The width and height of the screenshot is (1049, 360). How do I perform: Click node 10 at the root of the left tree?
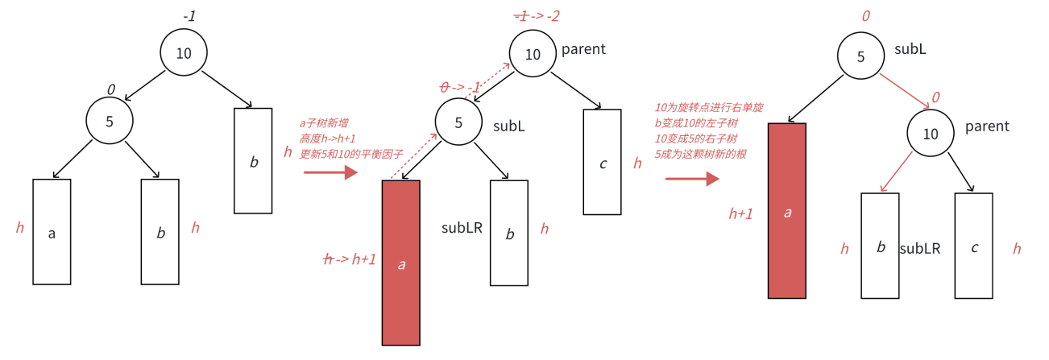(x=184, y=54)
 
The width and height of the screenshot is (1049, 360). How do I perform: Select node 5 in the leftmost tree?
(x=110, y=122)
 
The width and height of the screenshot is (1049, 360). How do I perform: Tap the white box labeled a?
(x=52, y=232)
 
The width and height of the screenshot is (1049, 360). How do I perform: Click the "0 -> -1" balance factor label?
(x=461, y=87)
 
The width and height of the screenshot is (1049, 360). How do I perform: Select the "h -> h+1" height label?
(x=349, y=259)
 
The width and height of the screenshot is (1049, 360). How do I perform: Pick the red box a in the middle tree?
(x=400, y=263)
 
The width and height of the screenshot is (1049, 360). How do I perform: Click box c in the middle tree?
(x=602, y=162)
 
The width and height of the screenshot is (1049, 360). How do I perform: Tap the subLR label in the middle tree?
(x=462, y=228)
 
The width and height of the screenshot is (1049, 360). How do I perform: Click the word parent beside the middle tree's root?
(x=584, y=50)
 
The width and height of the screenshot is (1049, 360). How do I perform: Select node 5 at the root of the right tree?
(x=860, y=57)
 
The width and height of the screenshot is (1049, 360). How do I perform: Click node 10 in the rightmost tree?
(x=931, y=134)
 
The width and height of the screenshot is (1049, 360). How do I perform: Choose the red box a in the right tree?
(x=787, y=211)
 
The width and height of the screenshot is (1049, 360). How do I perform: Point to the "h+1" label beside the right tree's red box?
(x=740, y=213)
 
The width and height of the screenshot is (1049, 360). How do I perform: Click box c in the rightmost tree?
(x=974, y=246)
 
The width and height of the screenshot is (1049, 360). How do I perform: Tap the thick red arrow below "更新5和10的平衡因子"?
(x=330, y=172)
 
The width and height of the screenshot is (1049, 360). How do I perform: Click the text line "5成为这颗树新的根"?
(x=700, y=153)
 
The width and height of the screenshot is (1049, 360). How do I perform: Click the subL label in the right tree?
(x=910, y=49)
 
